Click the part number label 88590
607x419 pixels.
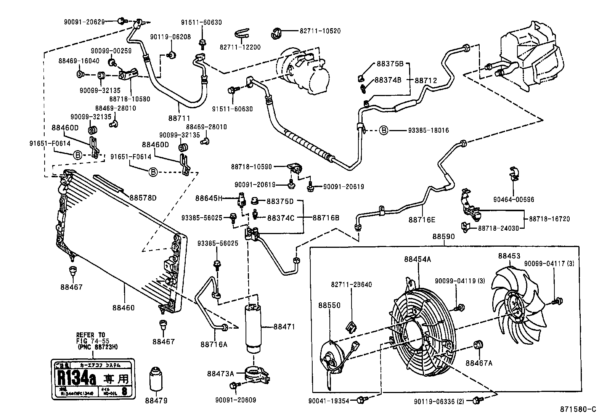443,237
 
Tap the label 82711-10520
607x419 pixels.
320,31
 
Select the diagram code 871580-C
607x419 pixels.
577,409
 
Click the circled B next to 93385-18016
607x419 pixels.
384,131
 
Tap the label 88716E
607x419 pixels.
422,220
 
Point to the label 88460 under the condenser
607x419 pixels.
123,307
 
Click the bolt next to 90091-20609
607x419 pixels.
234,386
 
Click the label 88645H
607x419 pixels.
209,198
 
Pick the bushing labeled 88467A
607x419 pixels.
478,345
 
